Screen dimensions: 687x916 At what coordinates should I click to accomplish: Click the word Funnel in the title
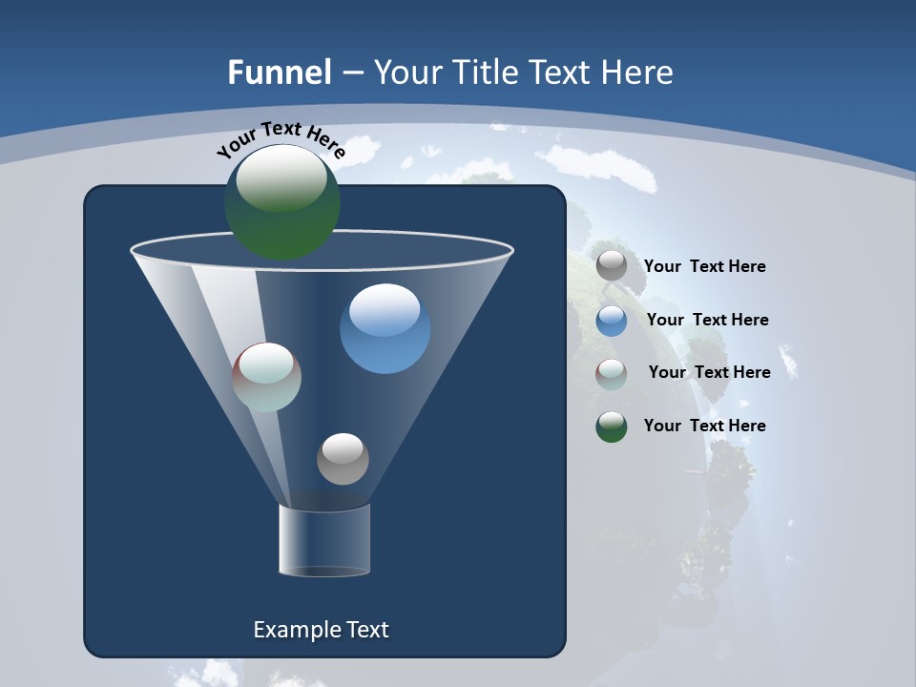(x=280, y=73)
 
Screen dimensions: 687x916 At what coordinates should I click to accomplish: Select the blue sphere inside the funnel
(x=385, y=329)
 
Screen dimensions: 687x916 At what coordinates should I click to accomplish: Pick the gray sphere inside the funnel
(x=343, y=458)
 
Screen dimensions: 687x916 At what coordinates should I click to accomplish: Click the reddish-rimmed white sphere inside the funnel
(x=267, y=377)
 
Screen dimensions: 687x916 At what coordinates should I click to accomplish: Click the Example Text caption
(x=321, y=630)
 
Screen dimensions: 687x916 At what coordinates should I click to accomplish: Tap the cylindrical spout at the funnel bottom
(x=324, y=540)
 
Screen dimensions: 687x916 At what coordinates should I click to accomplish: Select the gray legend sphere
(x=612, y=266)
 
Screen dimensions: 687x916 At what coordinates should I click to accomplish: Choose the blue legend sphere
(x=612, y=321)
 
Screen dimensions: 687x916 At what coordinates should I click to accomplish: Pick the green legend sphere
(x=612, y=427)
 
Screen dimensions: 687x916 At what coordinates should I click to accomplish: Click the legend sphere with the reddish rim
(x=612, y=374)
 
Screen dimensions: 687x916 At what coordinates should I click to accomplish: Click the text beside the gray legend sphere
(x=704, y=267)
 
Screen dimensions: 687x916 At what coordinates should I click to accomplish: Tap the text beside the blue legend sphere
(x=707, y=321)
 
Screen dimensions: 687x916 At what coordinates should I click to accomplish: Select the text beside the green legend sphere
(x=704, y=426)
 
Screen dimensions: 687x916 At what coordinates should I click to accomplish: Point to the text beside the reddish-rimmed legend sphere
(x=709, y=372)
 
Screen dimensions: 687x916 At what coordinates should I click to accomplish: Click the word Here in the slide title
(x=638, y=73)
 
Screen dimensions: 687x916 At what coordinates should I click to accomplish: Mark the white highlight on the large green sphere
(x=281, y=178)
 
